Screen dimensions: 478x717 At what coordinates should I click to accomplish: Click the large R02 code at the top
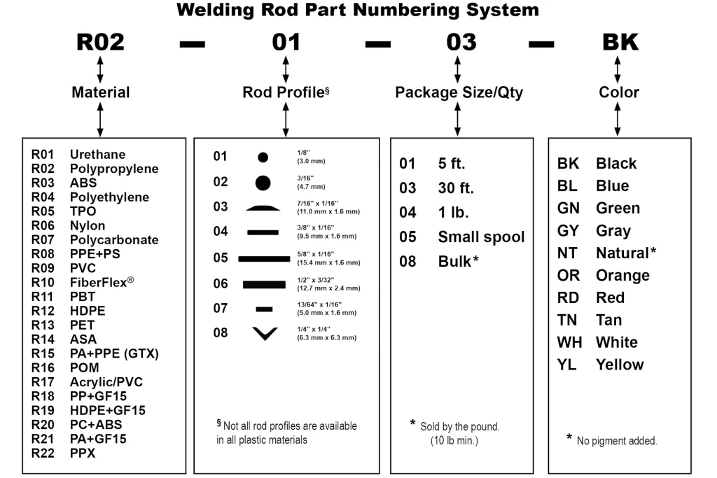tap(100, 42)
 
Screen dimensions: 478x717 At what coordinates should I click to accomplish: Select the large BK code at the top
tap(620, 42)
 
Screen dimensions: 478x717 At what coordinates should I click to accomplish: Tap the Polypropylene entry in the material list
tap(113, 169)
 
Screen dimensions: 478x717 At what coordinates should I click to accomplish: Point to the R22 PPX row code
tap(43, 453)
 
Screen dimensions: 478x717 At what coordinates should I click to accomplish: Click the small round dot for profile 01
tap(263, 157)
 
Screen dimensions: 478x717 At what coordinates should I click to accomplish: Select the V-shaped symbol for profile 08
tap(264, 334)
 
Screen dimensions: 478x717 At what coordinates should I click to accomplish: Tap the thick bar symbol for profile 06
tap(264, 284)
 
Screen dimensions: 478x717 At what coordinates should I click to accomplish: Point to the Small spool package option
tap(480, 237)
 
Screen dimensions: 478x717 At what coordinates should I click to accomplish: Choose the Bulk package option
tap(458, 261)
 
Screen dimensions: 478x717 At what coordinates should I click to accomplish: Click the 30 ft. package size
tap(456, 188)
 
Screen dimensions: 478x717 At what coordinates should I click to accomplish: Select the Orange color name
tap(622, 275)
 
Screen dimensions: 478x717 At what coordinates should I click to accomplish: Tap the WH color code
tap(569, 342)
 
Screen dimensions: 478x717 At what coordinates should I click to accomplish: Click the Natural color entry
tap(625, 253)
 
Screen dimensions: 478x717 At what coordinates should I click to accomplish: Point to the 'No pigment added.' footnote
tap(616, 441)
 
